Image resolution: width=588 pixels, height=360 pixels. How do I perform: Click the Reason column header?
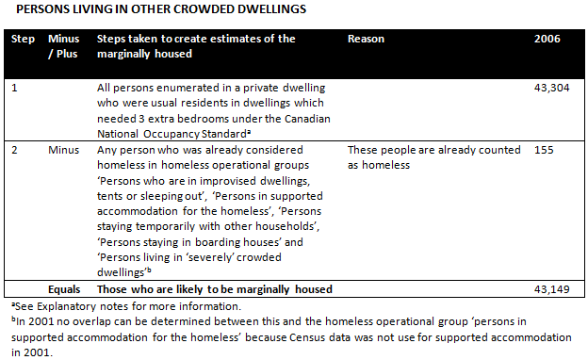point(366,39)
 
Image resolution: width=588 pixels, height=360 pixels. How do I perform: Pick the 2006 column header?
point(547,39)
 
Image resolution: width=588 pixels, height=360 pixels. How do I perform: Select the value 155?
point(545,150)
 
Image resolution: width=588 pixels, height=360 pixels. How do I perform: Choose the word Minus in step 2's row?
point(64,150)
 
